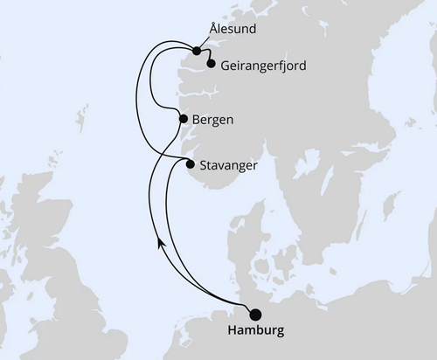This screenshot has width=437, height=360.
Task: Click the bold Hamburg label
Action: pyautogui.click(x=255, y=332)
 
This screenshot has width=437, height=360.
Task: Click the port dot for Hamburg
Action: pyautogui.click(x=255, y=315)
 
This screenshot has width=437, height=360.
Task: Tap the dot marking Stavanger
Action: pyautogui.click(x=190, y=163)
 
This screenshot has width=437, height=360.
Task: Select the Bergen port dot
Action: pyautogui.click(x=183, y=119)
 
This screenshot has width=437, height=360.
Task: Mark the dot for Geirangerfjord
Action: pyautogui.click(x=211, y=63)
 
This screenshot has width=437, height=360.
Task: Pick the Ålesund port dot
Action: pyautogui.click(x=198, y=49)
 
